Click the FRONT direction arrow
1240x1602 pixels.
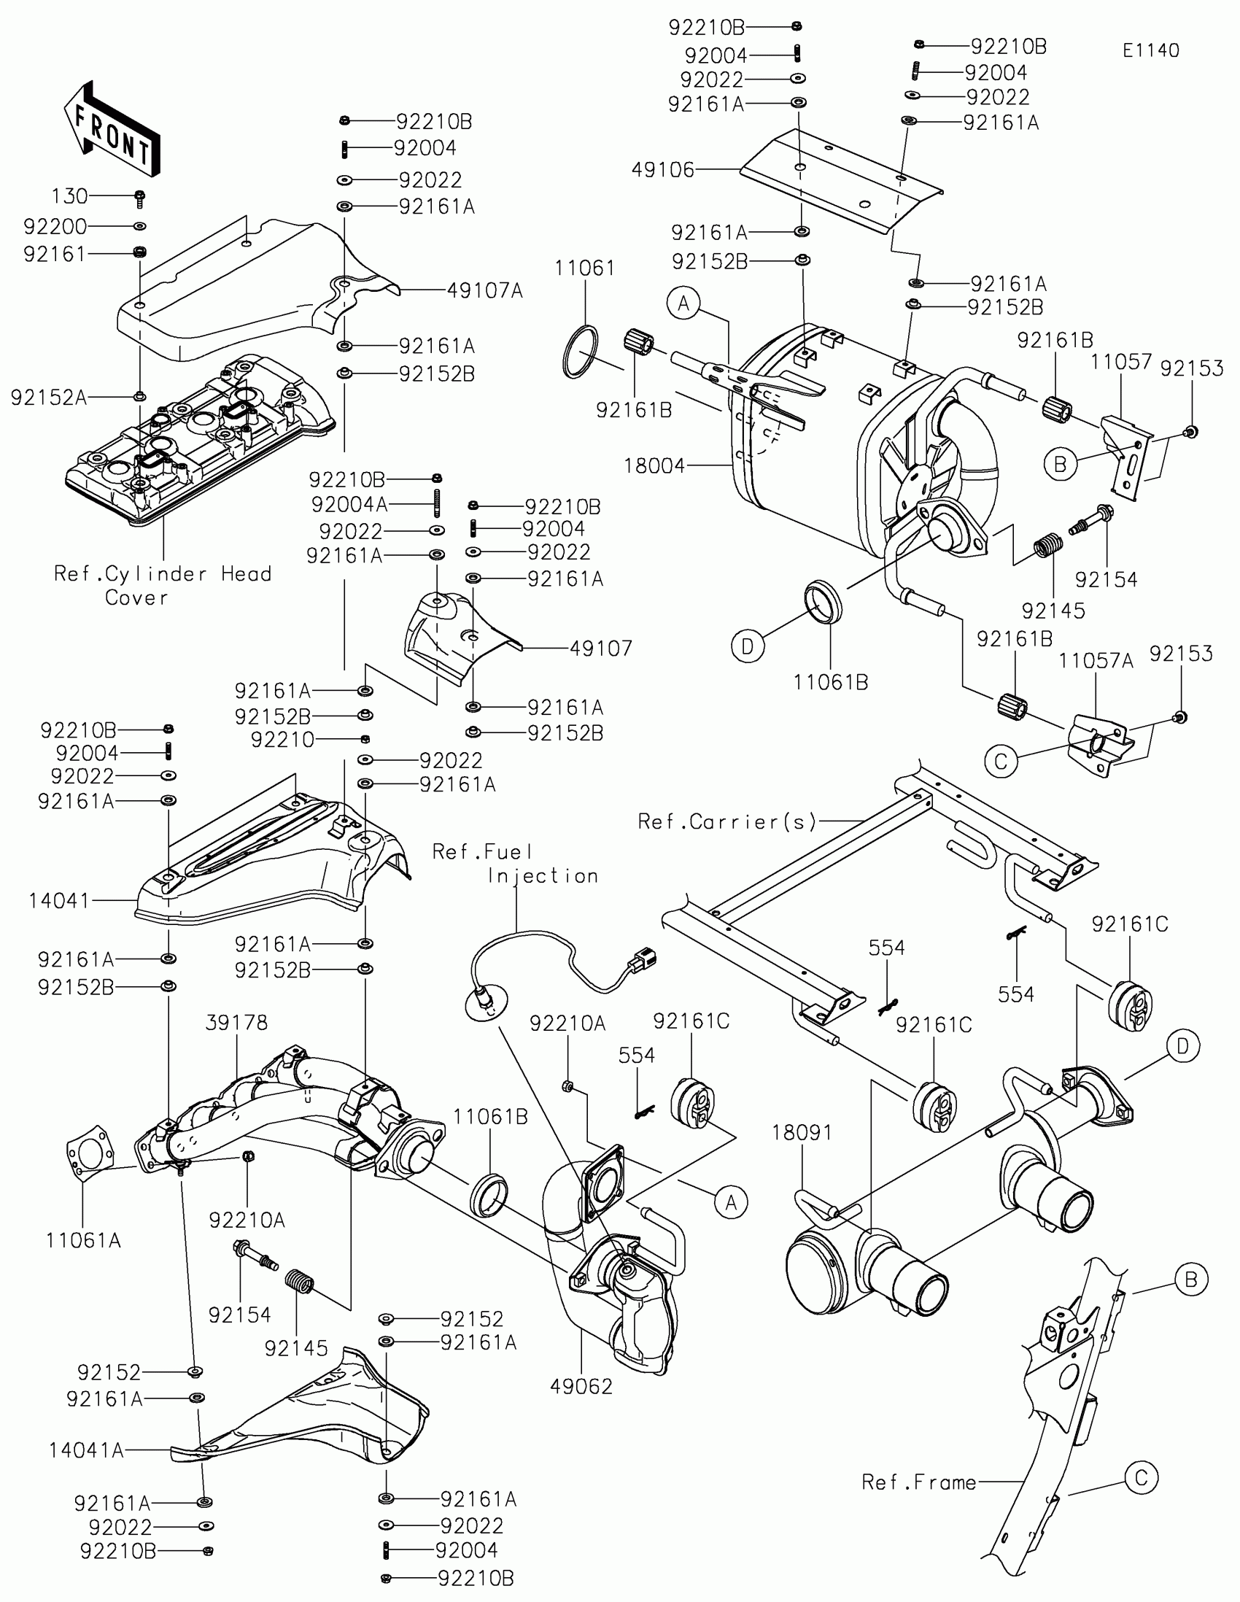112,131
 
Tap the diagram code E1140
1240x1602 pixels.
1150,50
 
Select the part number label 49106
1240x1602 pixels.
663,170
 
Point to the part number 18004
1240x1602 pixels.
654,465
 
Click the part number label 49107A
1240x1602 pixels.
485,291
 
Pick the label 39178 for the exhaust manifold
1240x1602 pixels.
236,1023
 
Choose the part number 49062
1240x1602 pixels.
581,1386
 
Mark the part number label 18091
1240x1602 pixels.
802,1133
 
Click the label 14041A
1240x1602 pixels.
86,1450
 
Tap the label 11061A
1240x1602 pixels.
83,1240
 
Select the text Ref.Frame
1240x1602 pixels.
919,1482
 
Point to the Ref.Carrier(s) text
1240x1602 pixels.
726,821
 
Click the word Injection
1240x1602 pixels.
543,876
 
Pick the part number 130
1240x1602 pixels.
69,196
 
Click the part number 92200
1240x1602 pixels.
55,227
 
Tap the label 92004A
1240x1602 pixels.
349,505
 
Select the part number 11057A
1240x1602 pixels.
1096,661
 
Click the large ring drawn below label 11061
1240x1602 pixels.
579,352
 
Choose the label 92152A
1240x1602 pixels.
48,398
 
